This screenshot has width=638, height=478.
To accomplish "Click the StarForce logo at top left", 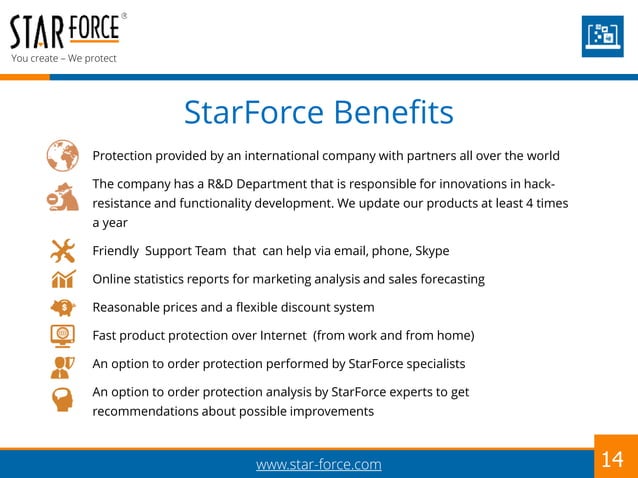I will point(65,31).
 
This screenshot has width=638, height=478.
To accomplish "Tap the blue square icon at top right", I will point(603,36).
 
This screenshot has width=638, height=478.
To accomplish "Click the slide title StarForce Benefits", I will point(318,112).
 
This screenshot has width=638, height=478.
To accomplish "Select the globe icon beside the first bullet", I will point(62,156).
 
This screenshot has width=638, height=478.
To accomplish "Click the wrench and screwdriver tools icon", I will point(61,250).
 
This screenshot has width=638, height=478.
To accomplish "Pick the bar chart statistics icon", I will point(61,278).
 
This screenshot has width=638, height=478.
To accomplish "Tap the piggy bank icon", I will point(61,307).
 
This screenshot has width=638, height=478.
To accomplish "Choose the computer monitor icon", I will point(61,335).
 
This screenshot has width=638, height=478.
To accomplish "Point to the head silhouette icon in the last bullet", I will point(61,401).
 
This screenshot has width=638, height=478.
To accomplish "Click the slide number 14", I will point(612,459).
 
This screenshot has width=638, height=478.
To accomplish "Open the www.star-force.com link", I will point(318,464).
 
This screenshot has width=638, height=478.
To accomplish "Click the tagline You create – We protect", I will point(63,58).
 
